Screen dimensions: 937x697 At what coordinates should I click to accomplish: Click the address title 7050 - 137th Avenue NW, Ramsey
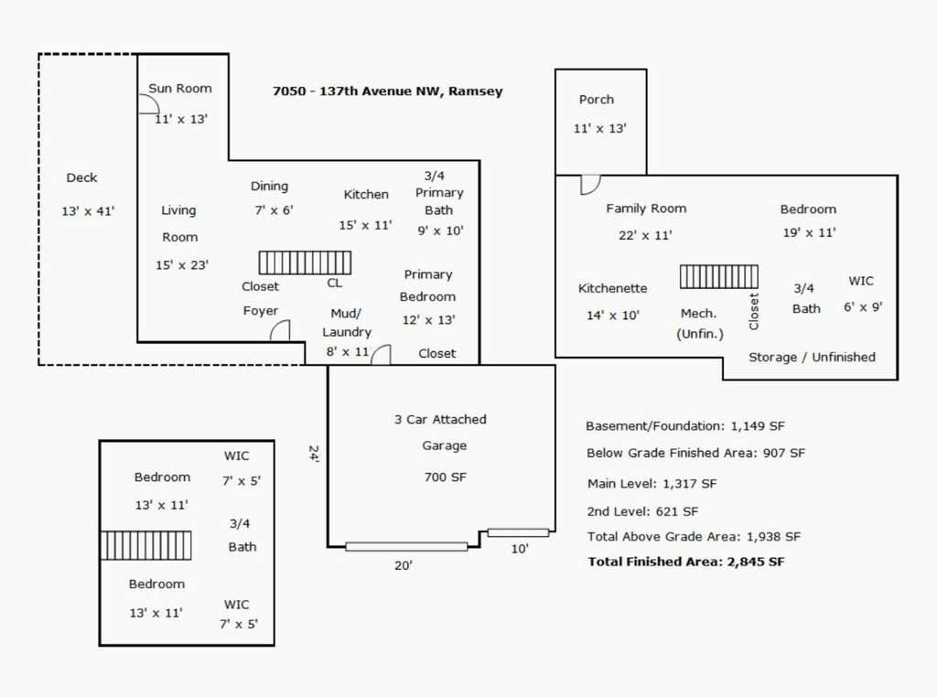(387, 91)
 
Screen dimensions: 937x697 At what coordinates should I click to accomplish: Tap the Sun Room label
(180, 89)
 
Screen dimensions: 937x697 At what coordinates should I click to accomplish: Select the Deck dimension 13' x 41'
(88, 210)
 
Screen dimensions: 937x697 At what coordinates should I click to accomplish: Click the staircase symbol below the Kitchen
(305, 263)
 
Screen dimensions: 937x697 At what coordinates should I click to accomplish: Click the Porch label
(597, 99)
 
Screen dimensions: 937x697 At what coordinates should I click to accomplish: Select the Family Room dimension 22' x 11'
(645, 235)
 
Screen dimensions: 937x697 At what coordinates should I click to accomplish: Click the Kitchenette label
(612, 288)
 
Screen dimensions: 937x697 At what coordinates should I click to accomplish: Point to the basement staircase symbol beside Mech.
(719, 276)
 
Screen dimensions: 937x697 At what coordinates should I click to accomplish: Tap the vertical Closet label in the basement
(754, 311)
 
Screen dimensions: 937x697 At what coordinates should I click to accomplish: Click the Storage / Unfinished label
(812, 357)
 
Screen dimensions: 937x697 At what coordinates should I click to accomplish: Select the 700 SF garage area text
(446, 477)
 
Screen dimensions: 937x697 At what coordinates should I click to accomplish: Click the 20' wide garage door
(406, 546)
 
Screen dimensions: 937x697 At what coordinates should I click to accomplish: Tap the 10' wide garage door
(518, 532)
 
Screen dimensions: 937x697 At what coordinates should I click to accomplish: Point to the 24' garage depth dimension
(314, 454)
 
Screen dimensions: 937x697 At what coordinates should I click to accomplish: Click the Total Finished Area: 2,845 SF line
(686, 562)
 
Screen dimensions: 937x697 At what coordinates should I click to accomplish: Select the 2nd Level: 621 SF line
(643, 511)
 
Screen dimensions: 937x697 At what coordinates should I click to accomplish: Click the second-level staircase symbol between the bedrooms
(145, 545)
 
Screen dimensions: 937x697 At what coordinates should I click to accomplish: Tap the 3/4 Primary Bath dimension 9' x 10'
(440, 231)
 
